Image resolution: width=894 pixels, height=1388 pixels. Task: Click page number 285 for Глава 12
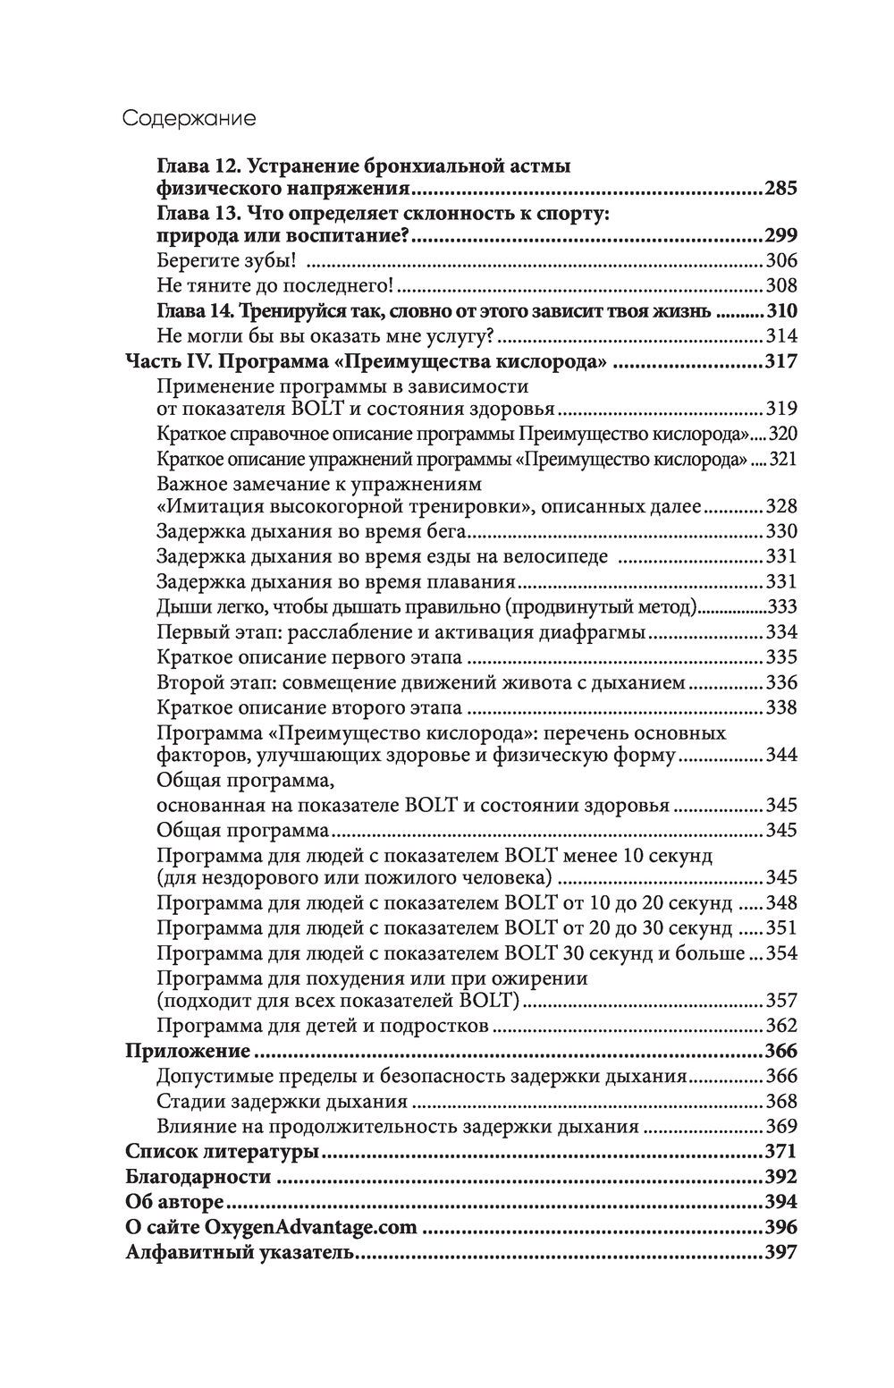pyautogui.click(x=780, y=190)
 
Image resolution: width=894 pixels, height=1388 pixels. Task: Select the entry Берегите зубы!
pyautogui.click(x=226, y=261)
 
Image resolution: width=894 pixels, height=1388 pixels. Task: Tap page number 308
pyautogui.click(x=780, y=287)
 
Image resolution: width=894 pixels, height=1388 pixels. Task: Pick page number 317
pyautogui.click(x=780, y=361)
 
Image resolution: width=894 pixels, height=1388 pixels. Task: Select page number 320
pyautogui.click(x=780, y=435)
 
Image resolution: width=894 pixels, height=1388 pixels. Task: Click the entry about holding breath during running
pyautogui.click(x=313, y=531)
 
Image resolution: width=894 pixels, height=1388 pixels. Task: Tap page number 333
pyautogui.click(x=780, y=607)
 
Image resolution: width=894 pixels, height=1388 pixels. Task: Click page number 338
pyautogui.click(x=780, y=708)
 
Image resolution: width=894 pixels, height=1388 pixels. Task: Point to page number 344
pyautogui.click(x=780, y=756)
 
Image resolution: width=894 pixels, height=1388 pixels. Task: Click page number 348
pyautogui.click(x=780, y=902)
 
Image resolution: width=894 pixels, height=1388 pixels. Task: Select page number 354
pyautogui.click(x=780, y=952)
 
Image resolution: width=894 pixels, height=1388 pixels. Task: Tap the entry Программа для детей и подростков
pyautogui.click(x=322, y=1026)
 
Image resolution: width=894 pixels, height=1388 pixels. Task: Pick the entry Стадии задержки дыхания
pyautogui.click(x=282, y=1101)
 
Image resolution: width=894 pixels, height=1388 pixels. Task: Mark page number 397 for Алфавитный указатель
pyautogui.click(x=780, y=1252)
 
